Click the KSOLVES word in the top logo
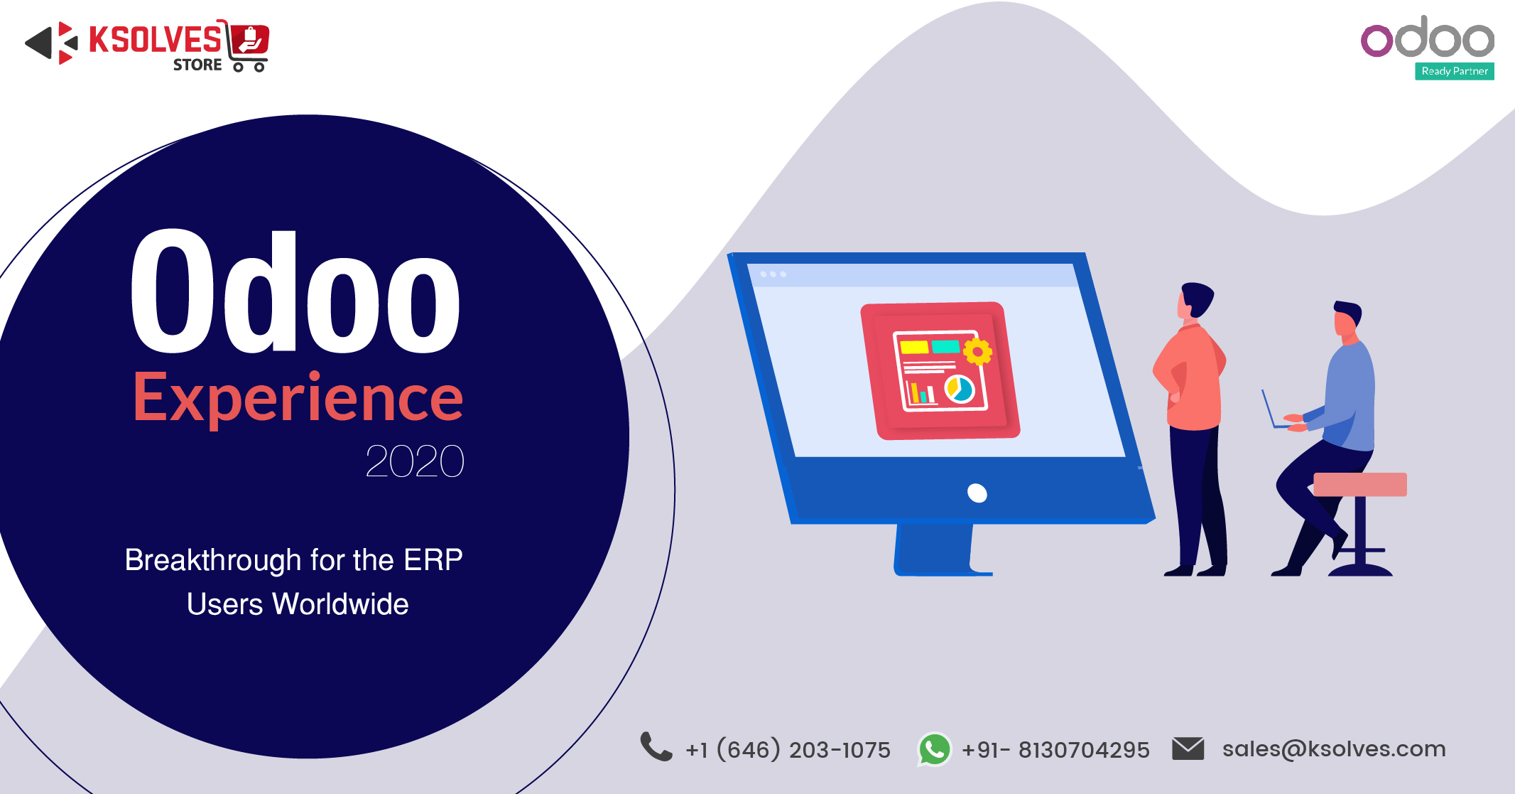tap(155, 40)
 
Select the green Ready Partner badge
tap(1454, 71)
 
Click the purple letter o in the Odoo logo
tap(1376, 41)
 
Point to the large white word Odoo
tap(295, 291)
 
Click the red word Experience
tap(298, 397)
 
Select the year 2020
tap(415, 461)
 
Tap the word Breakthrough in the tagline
tap(213, 560)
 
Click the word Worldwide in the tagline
tap(341, 604)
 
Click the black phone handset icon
tap(656, 747)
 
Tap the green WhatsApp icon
tap(935, 749)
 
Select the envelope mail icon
tap(1188, 749)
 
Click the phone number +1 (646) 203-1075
tap(788, 749)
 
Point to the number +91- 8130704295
tap(1055, 750)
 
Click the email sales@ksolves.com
tap(1334, 749)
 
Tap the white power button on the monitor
tap(977, 493)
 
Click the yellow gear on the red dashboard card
tap(978, 351)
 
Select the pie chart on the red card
tap(960, 389)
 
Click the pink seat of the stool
tap(1360, 485)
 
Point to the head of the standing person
tap(1195, 300)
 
